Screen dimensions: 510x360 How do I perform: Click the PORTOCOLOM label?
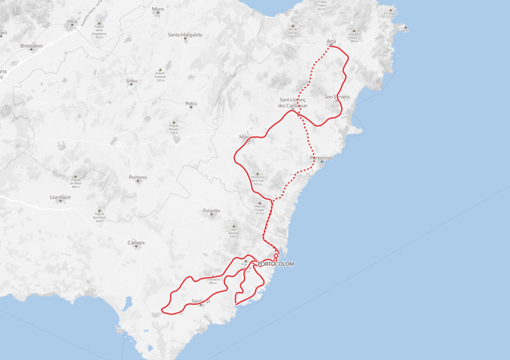pos(276,264)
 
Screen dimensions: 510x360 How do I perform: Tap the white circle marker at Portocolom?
pos(276,256)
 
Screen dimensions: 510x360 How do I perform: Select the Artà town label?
pos(331,41)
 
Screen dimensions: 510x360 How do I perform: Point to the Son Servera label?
pos(337,97)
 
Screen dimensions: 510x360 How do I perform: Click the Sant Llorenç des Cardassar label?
pos(294,102)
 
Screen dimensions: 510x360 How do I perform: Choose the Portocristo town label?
pos(321,157)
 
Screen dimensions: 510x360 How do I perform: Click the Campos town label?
pos(136,242)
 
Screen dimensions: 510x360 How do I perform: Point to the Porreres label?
pos(138,177)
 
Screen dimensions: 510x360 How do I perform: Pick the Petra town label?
pos(191,103)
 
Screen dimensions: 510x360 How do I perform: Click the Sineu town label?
pos(131,81)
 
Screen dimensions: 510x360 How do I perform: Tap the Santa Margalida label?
pos(185,34)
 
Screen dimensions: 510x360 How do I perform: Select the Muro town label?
pos(158,9)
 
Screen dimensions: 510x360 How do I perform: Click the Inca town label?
pos(72,22)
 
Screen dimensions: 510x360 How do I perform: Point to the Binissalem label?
pos(31,46)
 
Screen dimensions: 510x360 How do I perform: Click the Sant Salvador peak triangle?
pos(234,226)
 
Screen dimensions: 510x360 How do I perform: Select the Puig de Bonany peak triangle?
pos(173,121)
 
